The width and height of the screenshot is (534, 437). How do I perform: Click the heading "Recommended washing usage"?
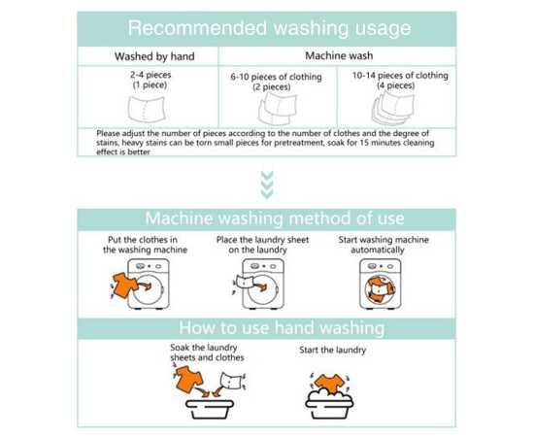click(269, 28)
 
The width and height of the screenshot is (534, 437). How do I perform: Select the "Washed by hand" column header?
click(154, 56)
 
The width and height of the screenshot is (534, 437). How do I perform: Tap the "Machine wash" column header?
click(339, 55)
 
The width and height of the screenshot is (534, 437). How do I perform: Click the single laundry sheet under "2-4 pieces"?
click(147, 110)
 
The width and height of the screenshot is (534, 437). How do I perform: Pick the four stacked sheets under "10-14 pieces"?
click(393, 107)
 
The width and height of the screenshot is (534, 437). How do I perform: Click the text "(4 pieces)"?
click(396, 85)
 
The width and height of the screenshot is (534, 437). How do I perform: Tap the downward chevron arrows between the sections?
click(267, 185)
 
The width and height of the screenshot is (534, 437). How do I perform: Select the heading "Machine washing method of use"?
click(275, 218)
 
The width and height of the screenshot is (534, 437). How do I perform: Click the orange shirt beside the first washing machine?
click(124, 285)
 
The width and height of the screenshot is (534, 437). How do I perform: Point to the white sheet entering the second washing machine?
click(245, 282)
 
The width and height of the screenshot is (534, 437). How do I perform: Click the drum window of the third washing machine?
click(380, 289)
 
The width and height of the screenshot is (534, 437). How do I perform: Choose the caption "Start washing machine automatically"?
click(384, 245)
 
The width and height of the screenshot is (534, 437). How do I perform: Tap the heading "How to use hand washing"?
click(282, 327)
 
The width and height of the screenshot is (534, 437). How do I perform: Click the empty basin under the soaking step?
click(210, 409)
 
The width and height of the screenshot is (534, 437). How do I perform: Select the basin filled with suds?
click(329, 404)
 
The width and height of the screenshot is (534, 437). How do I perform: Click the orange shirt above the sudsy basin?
click(329, 384)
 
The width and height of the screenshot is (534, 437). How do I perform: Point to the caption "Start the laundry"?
click(332, 351)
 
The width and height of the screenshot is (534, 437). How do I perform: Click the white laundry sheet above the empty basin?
click(231, 381)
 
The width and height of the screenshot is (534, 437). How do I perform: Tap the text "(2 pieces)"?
click(272, 86)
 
